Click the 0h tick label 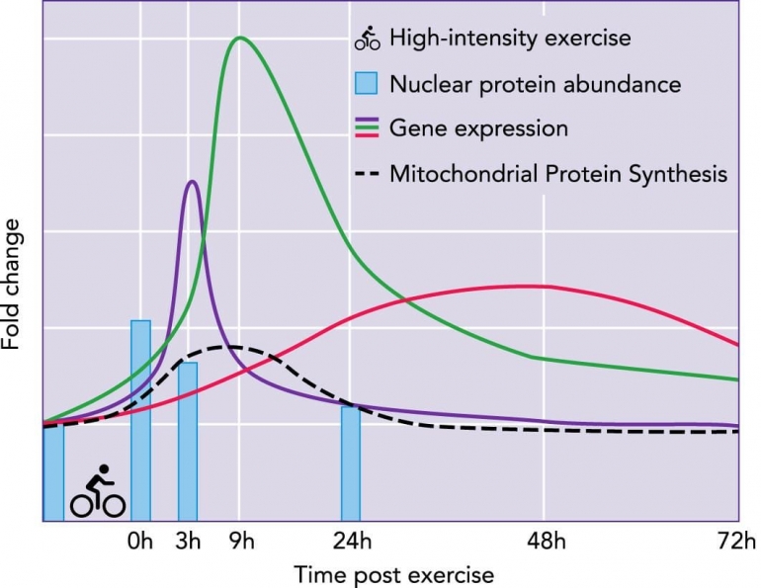tap(140, 542)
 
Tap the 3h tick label tap(188, 542)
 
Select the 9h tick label tap(240, 542)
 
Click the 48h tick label tap(544, 542)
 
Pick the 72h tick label tap(737, 542)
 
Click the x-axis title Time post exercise tap(391, 573)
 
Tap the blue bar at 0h tap(140, 420)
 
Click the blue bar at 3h tap(188, 441)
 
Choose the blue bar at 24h tap(351, 462)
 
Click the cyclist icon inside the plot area tap(97, 493)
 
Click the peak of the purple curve tap(192, 181)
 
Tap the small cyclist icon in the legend tap(368, 41)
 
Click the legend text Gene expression tap(478, 128)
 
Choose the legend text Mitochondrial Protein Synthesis tap(558, 174)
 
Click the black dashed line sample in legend tap(368, 174)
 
